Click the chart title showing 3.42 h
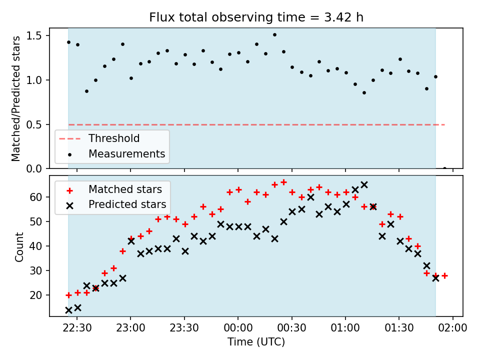point(256,17)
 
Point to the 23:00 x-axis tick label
point(130,328)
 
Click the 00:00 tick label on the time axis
point(238,328)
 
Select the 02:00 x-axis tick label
point(453,328)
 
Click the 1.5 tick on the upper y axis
point(33,36)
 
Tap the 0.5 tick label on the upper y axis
point(33,125)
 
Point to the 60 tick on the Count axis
point(36,197)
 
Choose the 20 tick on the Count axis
point(36,295)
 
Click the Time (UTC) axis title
point(256,341)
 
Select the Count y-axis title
point(19,246)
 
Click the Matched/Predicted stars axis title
point(15,98)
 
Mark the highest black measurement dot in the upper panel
point(274,35)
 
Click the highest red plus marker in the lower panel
point(284,182)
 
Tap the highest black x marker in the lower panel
point(364,184)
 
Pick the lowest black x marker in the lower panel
point(68,310)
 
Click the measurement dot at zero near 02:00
point(444,168)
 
